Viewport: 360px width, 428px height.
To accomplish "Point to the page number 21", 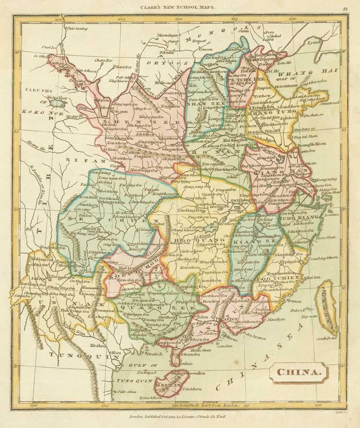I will (x=345, y=8).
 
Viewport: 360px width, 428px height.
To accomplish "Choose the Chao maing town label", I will (x=76, y=29).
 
